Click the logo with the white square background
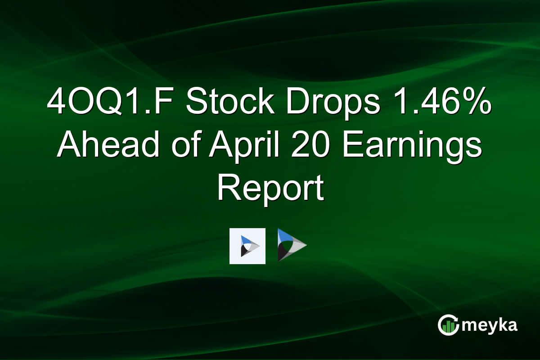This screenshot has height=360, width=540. pyautogui.click(x=247, y=246)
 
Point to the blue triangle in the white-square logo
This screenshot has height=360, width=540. pyautogui.click(x=244, y=240)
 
